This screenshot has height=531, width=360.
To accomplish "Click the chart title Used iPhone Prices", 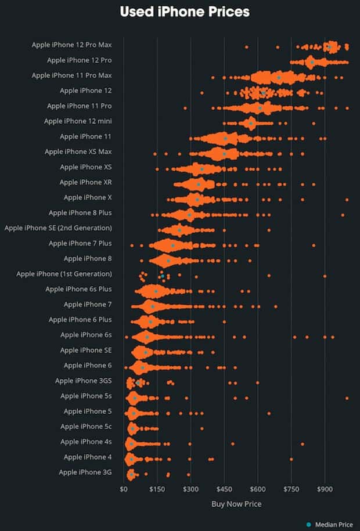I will (x=185, y=12).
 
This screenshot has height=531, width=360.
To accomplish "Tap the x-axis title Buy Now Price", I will (x=236, y=504).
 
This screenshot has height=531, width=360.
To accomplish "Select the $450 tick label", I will (x=224, y=489).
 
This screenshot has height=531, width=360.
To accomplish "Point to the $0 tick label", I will (x=123, y=489).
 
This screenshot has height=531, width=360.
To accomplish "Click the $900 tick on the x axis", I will (x=325, y=489).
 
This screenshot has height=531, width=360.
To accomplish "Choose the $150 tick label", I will (x=157, y=489).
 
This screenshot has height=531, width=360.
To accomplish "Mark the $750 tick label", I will (x=291, y=489).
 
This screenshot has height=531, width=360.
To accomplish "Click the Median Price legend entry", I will (x=330, y=525).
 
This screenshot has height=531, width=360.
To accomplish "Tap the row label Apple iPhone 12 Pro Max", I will (x=72, y=45).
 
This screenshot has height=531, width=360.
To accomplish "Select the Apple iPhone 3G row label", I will (x=85, y=472).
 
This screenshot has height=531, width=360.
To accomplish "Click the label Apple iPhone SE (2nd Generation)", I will (x=58, y=228).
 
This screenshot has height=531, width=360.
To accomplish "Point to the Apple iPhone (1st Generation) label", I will (x=64, y=274).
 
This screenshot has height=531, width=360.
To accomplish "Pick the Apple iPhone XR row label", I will (x=86, y=182).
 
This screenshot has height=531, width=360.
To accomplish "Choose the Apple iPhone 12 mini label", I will (x=78, y=121).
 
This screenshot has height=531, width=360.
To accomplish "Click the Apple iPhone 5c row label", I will (x=86, y=427).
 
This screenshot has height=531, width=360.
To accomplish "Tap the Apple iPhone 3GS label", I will (x=84, y=381).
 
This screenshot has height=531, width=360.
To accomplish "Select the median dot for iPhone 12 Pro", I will (x=312, y=62).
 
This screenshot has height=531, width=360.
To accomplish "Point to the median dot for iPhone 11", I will (x=226, y=138).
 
